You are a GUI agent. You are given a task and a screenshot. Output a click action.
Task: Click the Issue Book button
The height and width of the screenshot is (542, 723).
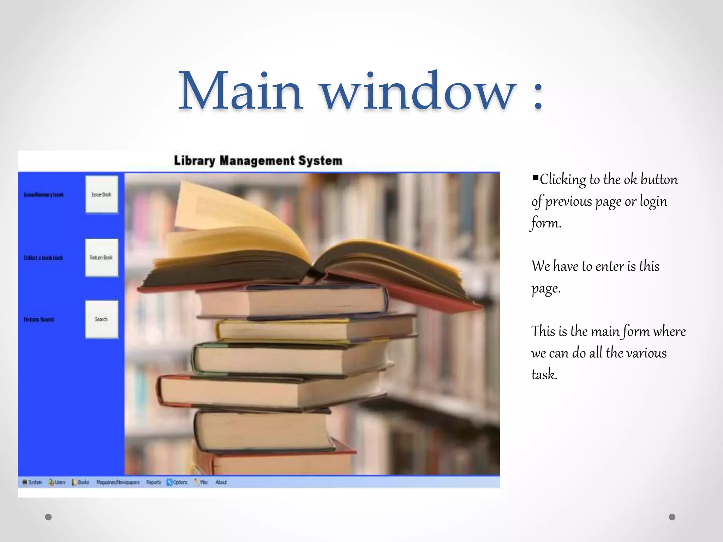click(101, 194)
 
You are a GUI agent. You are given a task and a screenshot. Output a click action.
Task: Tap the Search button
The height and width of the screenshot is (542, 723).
click(101, 319)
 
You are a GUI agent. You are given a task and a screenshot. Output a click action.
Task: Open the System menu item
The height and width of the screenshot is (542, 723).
click(32, 482)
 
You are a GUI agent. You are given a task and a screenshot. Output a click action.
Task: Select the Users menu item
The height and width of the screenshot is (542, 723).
click(57, 482)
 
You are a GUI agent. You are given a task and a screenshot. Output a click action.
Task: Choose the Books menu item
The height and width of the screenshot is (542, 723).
click(81, 482)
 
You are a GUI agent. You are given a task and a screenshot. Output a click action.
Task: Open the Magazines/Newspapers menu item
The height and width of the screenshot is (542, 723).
click(118, 482)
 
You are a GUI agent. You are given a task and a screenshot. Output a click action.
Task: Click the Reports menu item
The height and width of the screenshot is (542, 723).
click(153, 482)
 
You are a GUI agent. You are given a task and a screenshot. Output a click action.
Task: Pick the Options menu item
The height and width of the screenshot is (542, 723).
click(177, 482)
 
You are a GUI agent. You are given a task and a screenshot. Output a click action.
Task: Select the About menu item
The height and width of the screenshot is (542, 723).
click(221, 482)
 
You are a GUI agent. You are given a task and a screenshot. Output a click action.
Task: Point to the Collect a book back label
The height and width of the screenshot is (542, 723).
click(43, 258)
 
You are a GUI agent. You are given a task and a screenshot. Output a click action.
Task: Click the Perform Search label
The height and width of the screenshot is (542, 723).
click(39, 320)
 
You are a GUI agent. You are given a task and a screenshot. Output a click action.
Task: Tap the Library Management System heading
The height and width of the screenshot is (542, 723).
click(258, 161)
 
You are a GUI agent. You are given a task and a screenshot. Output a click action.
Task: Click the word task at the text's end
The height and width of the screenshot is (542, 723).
click(544, 374)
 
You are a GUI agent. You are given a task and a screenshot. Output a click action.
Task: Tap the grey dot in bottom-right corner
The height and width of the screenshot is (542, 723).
click(672, 517)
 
